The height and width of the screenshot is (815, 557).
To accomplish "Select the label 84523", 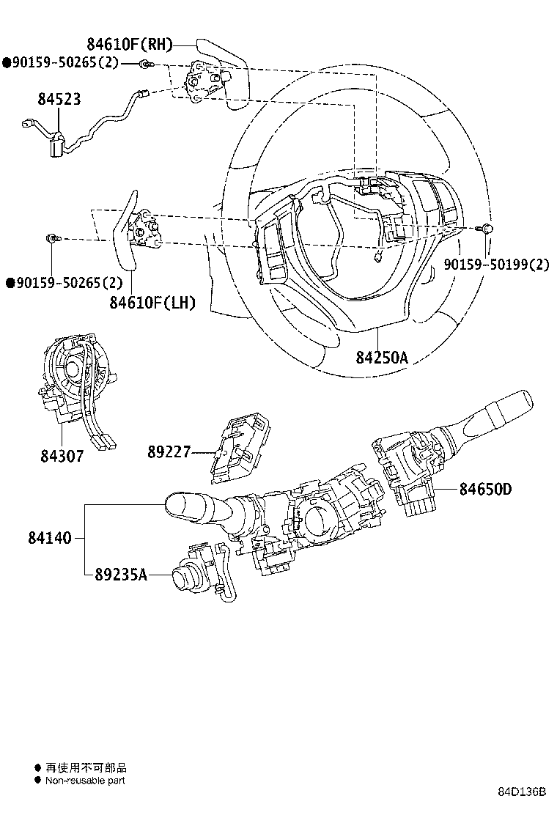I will pos(59,100).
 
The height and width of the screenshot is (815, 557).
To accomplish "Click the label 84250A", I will pos(381,358).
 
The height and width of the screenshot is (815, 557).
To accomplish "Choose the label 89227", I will pos(169,454).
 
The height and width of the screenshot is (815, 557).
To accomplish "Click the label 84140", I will pos(50,538).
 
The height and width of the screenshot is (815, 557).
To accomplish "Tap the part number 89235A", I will pos(121,575).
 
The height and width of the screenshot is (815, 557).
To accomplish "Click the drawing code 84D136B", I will pos(523,793).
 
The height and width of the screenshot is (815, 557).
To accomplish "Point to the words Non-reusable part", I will pos(85,781).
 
